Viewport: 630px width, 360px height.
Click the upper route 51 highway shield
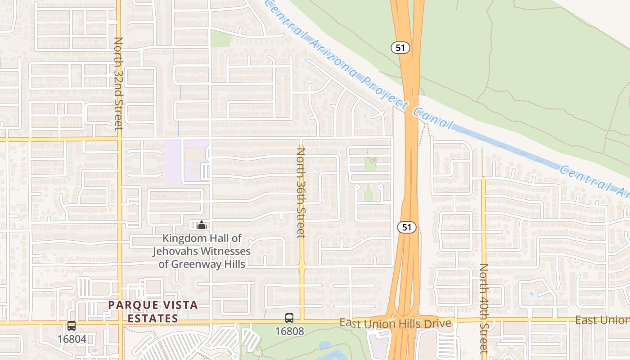tap(400, 47)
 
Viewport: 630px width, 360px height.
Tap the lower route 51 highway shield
tap(406, 227)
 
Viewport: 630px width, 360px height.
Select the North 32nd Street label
tap(118, 84)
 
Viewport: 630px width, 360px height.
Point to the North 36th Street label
tap(301, 193)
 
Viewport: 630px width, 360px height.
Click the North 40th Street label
tap(484, 308)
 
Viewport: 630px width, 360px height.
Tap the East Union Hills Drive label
tap(395, 323)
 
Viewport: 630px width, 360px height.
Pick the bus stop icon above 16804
tap(71, 326)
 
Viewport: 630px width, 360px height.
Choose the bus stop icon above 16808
tap(289, 318)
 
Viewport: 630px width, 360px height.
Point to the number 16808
tap(289, 332)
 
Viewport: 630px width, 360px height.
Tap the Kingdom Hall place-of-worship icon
tap(202, 225)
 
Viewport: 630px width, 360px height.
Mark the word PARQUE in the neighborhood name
tap(127, 306)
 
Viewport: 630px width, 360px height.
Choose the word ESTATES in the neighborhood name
tap(153, 319)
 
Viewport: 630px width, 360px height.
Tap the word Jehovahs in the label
tap(176, 251)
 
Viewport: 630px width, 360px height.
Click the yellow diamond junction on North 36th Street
tap(302, 267)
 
